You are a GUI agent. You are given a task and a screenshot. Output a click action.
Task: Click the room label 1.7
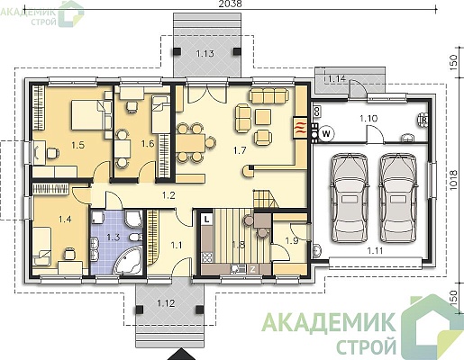point(240,150)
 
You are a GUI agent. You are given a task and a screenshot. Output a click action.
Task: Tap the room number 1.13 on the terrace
point(205,54)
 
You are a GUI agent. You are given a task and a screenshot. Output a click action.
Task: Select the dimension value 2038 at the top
point(230,4)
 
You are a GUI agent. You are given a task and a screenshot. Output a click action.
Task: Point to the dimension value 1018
point(453,180)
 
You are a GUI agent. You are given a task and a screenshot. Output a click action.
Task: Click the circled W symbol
point(326,133)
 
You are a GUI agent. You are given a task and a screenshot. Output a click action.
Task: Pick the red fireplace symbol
point(300,128)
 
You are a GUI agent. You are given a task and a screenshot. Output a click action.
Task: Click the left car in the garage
point(350,197)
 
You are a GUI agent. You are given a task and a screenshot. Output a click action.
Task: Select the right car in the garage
point(398,197)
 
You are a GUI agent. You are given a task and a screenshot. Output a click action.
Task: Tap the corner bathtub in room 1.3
point(129,261)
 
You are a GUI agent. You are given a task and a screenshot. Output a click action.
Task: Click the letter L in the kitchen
point(206,220)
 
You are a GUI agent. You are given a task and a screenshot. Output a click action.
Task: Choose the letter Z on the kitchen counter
point(252,269)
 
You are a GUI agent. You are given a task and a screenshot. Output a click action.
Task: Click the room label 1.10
point(368,119)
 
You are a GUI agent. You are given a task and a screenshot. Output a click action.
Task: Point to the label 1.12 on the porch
point(166,303)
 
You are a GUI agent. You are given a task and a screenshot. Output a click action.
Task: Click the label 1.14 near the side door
point(336,79)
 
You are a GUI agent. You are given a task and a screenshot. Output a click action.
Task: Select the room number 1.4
point(65,220)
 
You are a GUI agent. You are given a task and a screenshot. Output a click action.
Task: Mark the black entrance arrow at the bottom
point(181,355)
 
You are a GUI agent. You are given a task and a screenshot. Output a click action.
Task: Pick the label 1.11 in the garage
point(375,250)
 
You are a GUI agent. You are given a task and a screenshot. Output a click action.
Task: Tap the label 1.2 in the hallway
point(168,195)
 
